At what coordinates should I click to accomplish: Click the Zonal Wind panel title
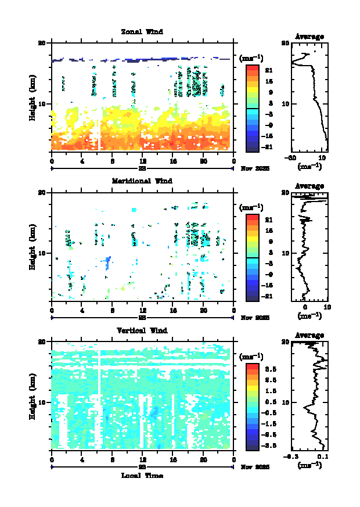pos(142,31)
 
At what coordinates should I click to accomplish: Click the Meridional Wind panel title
pos(142,181)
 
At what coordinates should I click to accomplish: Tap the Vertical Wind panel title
pos(142,330)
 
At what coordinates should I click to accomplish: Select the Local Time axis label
pos(142,476)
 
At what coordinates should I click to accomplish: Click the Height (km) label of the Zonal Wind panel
pos(33,96)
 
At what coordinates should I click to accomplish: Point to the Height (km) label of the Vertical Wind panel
pos(33,395)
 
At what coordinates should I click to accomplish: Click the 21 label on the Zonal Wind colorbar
pos(269,71)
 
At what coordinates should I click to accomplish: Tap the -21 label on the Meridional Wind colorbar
pos(269,296)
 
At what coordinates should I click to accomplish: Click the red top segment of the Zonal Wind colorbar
pos(252,68)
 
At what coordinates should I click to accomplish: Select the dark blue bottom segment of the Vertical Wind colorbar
pos(252,447)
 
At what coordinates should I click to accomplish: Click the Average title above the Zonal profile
pos(309,37)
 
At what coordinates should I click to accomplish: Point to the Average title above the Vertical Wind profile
pos(309,335)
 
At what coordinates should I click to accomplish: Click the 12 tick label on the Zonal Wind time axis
pos(143,161)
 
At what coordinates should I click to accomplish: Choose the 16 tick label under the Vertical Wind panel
pos(173,460)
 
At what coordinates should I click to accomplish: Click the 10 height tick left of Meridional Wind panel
pos(42,253)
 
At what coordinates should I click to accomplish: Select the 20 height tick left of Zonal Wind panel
pos(42,43)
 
